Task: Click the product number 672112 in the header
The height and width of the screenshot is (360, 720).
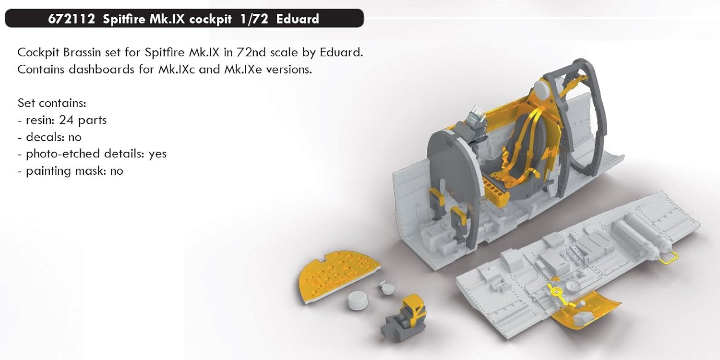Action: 72,19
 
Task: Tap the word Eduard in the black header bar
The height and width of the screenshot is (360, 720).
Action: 297,19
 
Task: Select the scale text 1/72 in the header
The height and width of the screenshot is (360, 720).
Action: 254,19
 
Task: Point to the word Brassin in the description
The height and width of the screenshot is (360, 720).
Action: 82,52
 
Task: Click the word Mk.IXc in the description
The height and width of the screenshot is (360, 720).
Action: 176,69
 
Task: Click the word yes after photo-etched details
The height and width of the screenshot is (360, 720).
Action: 157,154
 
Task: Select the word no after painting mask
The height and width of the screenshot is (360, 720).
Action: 116,171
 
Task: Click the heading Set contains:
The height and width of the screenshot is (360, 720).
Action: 52,103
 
